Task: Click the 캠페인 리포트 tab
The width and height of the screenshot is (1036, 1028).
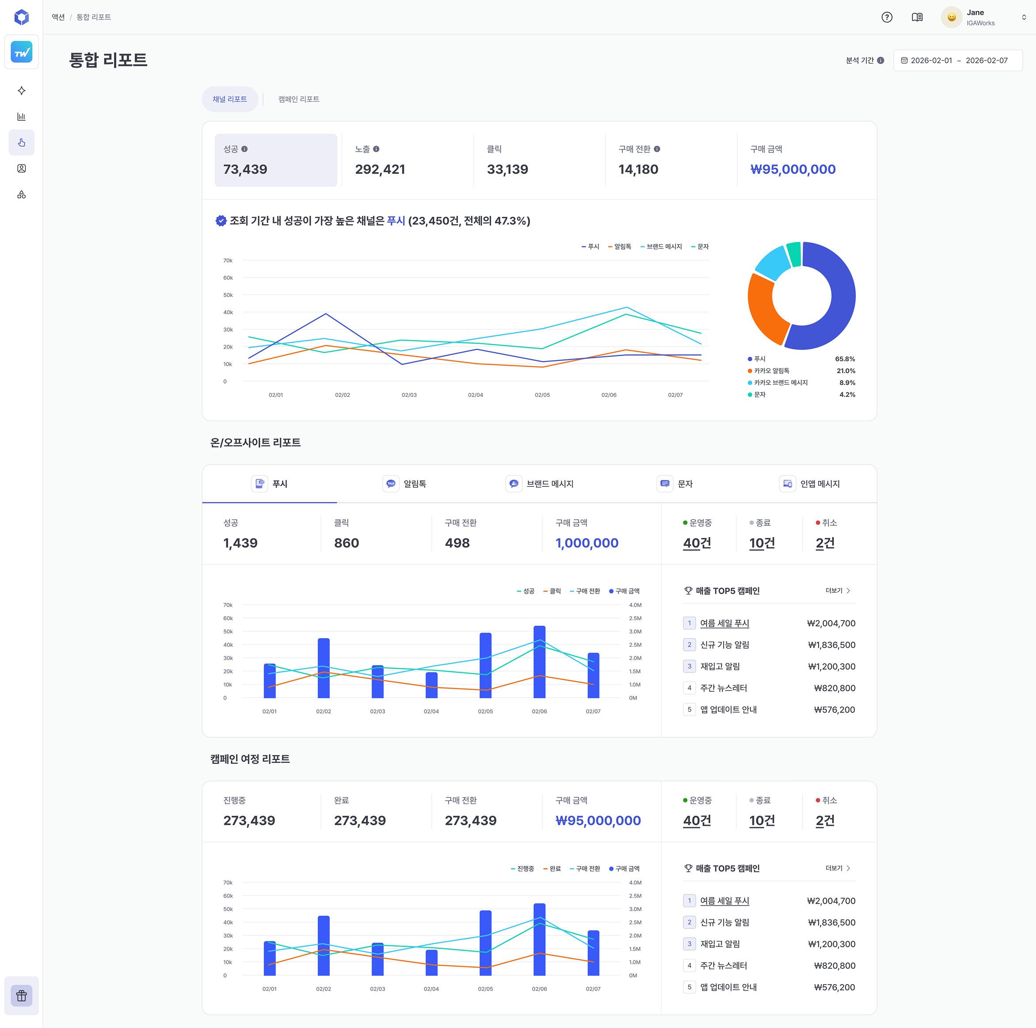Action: tap(299, 99)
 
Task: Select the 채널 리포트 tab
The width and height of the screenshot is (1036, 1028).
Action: tap(230, 99)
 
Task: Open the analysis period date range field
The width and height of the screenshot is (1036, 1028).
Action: tap(958, 61)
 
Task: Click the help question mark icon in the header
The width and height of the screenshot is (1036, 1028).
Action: tap(887, 17)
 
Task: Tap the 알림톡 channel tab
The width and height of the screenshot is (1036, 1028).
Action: tap(404, 484)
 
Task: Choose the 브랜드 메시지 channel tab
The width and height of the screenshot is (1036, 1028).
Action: tap(540, 484)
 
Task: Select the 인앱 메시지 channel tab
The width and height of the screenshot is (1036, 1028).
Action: tap(809, 484)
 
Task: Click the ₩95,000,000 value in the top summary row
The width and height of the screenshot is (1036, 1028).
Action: tap(792, 169)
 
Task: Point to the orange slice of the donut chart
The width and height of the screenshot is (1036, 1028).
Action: tap(764, 312)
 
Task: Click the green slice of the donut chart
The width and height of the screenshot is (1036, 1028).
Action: tap(794, 254)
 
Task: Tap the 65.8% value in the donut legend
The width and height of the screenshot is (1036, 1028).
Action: tap(845, 359)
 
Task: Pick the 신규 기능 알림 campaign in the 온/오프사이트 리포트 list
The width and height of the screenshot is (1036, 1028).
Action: tap(724, 645)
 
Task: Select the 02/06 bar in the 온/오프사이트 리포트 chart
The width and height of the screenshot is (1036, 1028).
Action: tap(540, 662)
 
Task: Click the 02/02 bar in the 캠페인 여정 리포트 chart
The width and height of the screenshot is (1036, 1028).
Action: tap(324, 945)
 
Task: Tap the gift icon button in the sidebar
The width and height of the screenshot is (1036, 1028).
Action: tap(22, 996)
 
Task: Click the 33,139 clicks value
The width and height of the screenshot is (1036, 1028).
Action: tap(507, 169)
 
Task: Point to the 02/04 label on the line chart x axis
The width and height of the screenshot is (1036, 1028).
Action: tap(476, 395)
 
